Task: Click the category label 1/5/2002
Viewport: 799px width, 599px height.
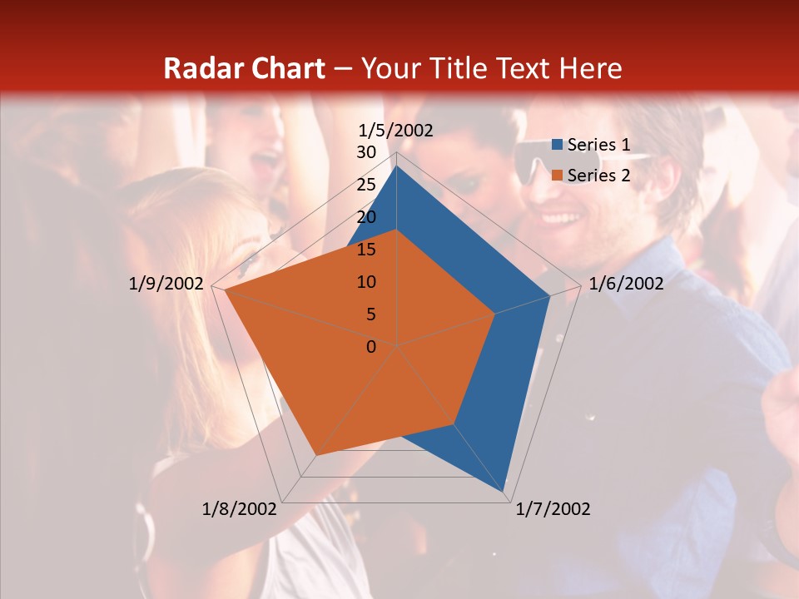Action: pyautogui.click(x=395, y=131)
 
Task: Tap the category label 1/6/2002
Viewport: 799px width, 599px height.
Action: pyautogui.click(x=626, y=284)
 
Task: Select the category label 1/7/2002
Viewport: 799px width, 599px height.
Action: pyautogui.click(x=553, y=509)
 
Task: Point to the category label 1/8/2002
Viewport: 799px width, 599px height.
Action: pyautogui.click(x=240, y=509)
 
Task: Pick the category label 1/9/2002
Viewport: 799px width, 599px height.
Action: pyautogui.click(x=166, y=284)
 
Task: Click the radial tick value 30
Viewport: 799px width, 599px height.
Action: pyautogui.click(x=366, y=152)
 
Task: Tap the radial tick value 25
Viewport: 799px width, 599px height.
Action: pyautogui.click(x=366, y=185)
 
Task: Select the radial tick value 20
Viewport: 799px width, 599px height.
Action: pyautogui.click(x=366, y=217)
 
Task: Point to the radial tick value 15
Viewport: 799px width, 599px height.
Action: pyautogui.click(x=366, y=250)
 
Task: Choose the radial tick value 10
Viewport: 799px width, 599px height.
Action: pyautogui.click(x=366, y=282)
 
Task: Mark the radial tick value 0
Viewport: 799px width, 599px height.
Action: pyautogui.click(x=371, y=347)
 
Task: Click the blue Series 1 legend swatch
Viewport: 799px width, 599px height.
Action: pyautogui.click(x=558, y=146)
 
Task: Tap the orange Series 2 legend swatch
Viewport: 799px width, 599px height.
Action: pyautogui.click(x=558, y=176)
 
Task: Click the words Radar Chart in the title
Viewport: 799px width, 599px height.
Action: pyautogui.click(x=244, y=68)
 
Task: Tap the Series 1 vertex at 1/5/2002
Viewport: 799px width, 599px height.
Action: pyautogui.click(x=397, y=166)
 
